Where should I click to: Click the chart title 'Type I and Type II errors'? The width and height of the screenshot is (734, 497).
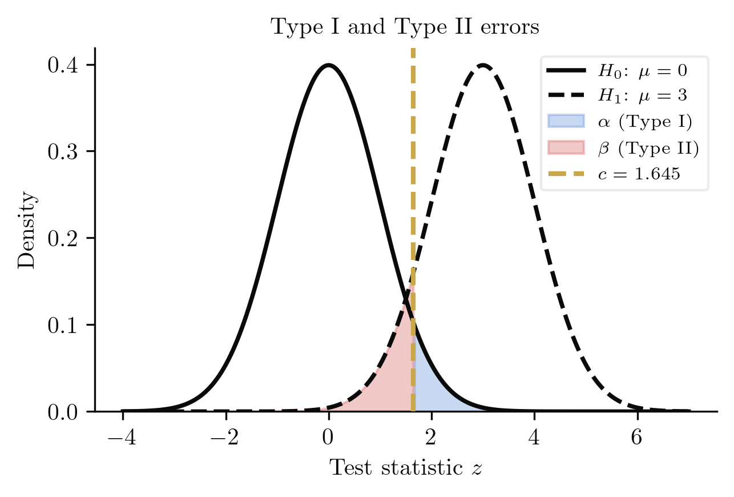405,27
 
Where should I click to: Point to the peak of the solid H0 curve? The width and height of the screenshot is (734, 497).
328,65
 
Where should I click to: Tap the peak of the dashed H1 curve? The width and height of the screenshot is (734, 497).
483,65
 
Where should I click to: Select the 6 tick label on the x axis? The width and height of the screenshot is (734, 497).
637,439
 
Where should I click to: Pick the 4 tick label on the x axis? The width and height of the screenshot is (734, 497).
534,439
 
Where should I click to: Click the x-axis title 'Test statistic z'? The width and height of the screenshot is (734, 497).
406,468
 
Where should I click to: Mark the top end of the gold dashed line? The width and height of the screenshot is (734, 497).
413,50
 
